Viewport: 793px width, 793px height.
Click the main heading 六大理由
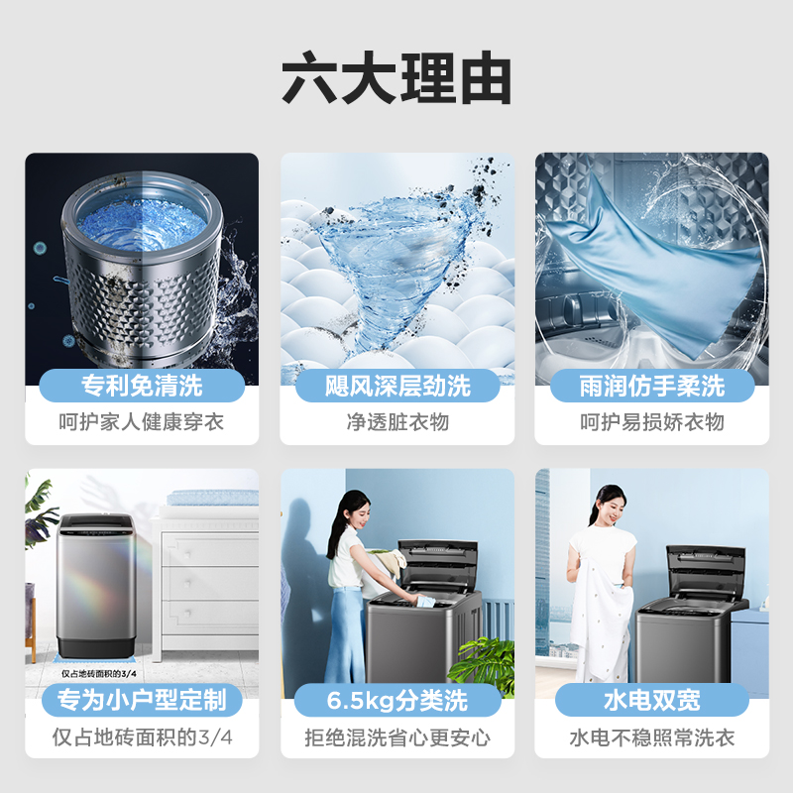[396, 79]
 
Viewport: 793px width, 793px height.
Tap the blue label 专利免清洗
[142, 385]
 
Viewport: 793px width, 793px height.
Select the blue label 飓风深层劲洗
[397, 385]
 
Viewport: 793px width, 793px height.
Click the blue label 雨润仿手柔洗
[652, 385]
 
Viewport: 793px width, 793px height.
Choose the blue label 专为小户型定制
[142, 701]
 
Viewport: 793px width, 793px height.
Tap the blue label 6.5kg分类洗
[397, 701]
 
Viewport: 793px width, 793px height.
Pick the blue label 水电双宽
[652, 701]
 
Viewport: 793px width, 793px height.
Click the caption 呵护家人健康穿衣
[142, 422]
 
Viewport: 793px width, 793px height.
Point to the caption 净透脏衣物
[397, 422]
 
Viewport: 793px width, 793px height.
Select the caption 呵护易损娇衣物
[652, 422]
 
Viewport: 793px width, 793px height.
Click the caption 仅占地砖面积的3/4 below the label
[142, 738]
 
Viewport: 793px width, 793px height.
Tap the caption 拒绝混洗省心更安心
[397, 738]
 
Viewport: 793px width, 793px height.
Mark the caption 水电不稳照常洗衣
[652, 738]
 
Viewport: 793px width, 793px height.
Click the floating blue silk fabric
[654, 258]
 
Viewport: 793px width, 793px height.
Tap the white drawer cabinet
[208, 585]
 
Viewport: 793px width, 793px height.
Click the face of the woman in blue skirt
[355, 509]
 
